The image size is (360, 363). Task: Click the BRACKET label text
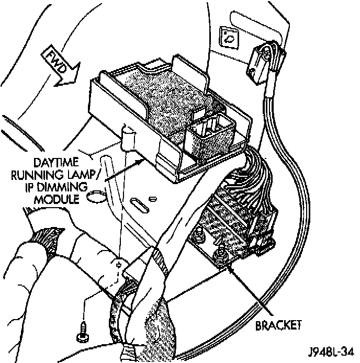[x=278, y=325]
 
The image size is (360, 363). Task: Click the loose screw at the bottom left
[x=83, y=328]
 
